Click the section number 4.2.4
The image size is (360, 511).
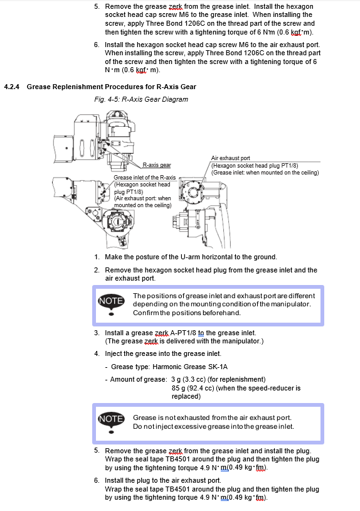point(12,87)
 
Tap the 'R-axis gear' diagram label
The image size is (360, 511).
point(157,165)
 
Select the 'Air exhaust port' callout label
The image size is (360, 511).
point(230,158)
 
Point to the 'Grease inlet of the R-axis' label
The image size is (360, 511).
point(144,178)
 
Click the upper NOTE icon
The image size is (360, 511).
point(111,304)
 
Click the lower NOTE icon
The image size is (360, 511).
point(111,422)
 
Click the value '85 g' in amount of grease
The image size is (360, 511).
point(178,388)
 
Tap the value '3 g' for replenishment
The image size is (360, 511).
point(176,379)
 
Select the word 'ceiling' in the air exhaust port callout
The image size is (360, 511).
point(307,173)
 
